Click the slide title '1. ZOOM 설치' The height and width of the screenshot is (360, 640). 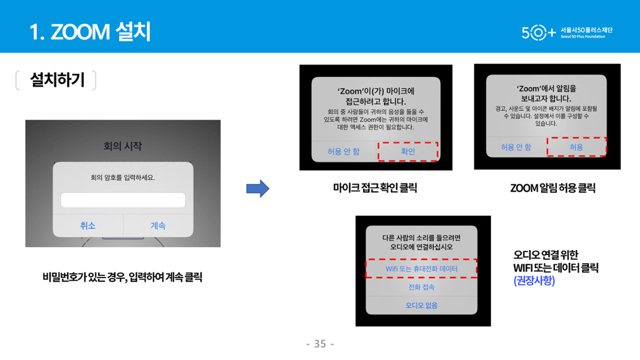coord(90,31)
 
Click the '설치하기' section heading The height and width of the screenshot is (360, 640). coord(57,79)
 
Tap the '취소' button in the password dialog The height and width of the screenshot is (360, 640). coord(88,225)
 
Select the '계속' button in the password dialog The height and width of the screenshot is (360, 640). coord(158,225)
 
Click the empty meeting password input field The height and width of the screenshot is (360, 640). coord(123,200)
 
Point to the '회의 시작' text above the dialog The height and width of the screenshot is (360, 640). coord(123,146)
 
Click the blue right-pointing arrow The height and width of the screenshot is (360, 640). coord(258,189)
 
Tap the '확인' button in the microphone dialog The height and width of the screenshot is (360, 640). coord(408,152)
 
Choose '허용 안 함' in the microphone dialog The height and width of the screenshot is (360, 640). coord(344,152)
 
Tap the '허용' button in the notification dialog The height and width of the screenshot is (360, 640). coord(577,147)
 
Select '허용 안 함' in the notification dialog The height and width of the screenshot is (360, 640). coord(516,147)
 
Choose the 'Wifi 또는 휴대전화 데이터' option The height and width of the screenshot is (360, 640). coord(421,269)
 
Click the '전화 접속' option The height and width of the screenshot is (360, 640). coord(421,287)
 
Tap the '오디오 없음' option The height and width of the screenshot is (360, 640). coord(421,305)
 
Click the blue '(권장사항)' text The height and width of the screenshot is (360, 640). coord(534,281)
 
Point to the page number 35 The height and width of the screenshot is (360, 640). coord(320,344)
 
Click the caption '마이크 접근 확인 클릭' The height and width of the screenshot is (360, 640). coord(375,188)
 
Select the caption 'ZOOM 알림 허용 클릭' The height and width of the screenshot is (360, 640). coord(552,188)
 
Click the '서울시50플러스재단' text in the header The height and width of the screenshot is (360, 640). coord(586,30)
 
